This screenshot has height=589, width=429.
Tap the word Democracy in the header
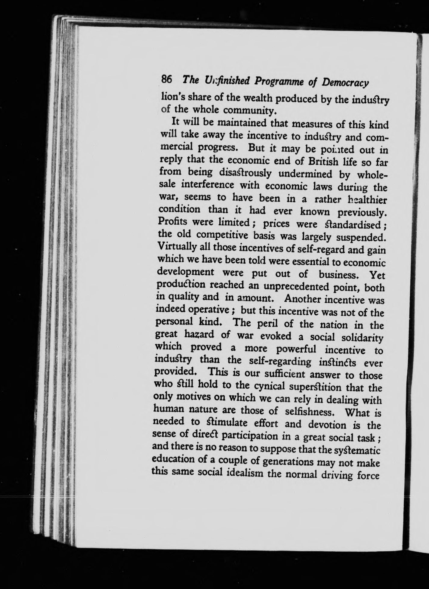[x=345, y=83]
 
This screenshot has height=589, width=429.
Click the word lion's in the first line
[x=172, y=97]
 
